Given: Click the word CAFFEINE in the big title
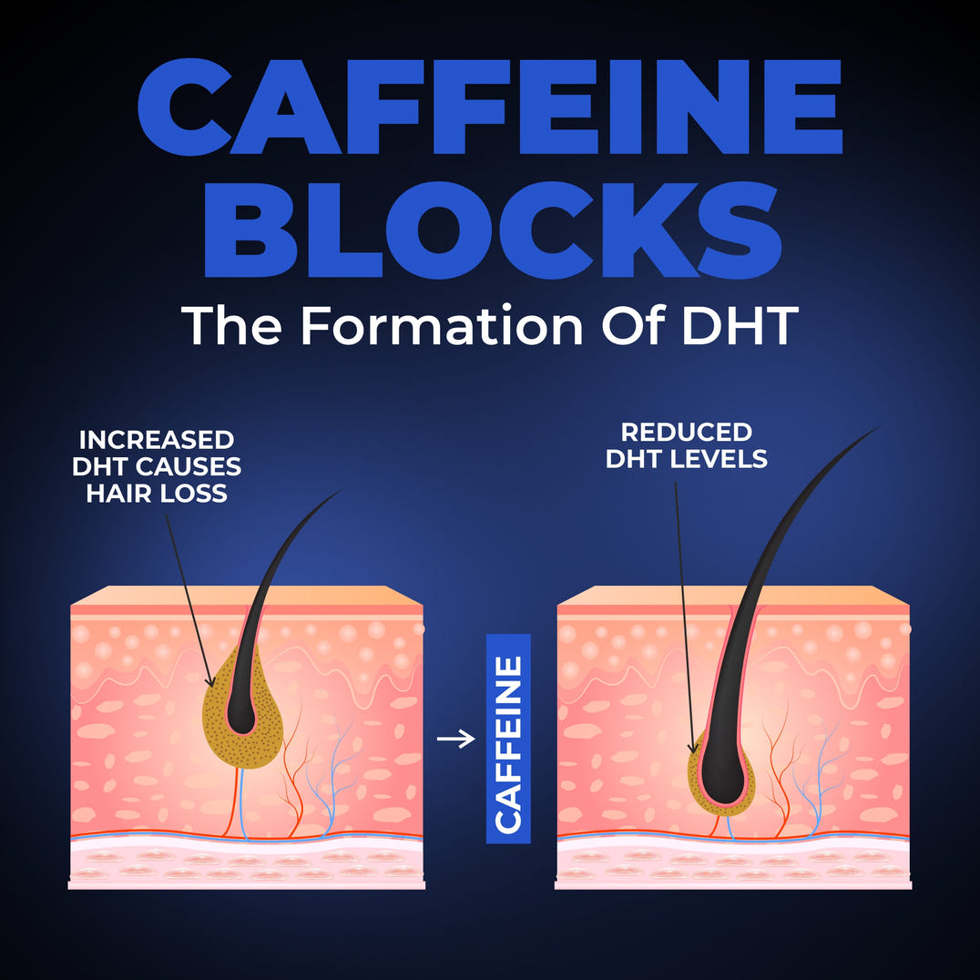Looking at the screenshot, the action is pyautogui.click(x=490, y=107).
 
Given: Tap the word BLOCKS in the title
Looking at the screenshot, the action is pyautogui.click(x=493, y=230).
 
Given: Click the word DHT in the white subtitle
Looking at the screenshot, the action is pyautogui.click(x=740, y=325).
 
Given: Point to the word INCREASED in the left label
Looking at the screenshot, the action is pyautogui.click(x=157, y=440).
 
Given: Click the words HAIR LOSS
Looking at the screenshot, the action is pyautogui.click(x=157, y=494).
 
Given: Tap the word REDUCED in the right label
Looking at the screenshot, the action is pyautogui.click(x=686, y=432).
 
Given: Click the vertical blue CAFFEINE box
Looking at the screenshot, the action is pyautogui.click(x=508, y=739).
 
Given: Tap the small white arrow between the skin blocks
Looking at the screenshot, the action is pyautogui.click(x=455, y=739).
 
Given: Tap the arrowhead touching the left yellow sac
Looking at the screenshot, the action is pyautogui.click(x=210, y=681).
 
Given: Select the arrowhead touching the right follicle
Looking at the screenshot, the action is pyautogui.click(x=692, y=748).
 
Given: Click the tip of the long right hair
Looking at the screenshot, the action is pyautogui.click(x=880, y=427).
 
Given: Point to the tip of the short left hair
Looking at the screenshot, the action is pyautogui.click(x=342, y=491).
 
